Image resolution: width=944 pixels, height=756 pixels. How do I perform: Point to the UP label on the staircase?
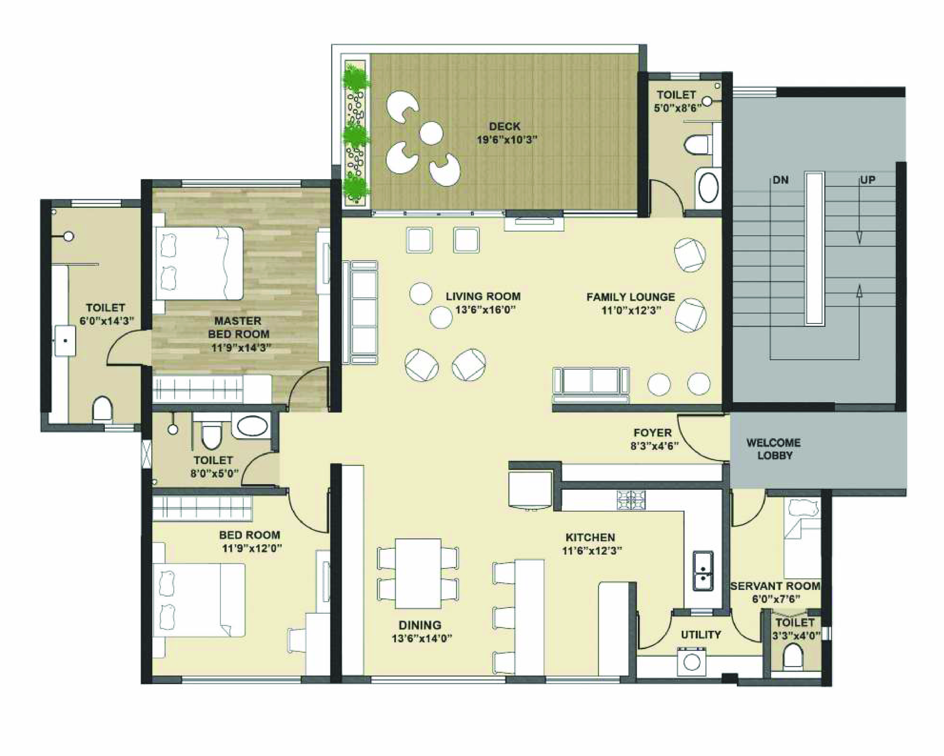tap(867, 180)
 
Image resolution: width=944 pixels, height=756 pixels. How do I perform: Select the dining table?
tap(418, 574)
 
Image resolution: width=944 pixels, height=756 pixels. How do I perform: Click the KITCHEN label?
tap(590, 538)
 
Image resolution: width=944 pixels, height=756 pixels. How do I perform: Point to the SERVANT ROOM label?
tap(775, 586)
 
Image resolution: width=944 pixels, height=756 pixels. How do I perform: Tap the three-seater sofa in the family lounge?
tap(591, 385)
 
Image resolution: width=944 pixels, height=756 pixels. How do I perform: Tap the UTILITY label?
tap(701, 635)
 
